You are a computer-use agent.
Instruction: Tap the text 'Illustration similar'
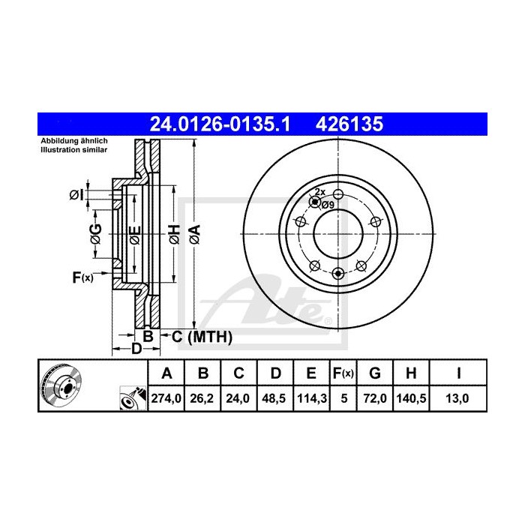(74, 150)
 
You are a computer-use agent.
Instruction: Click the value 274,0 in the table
(168, 400)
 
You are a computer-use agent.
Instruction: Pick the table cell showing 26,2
(202, 400)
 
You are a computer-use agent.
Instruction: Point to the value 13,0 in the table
(455, 400)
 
